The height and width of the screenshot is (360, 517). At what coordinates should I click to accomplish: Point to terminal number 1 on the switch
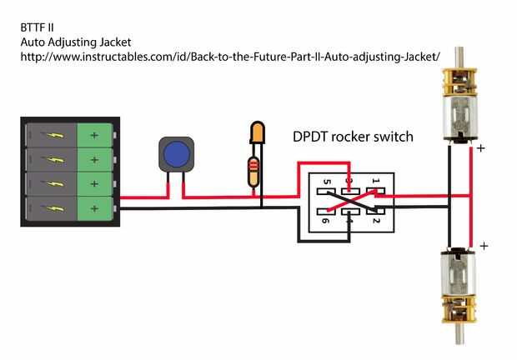(375, 180)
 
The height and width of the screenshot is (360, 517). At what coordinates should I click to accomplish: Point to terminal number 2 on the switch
(376, 221)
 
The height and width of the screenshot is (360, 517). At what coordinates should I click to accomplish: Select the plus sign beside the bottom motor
(484, 247)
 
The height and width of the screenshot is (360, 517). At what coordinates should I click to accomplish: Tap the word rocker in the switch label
(356, 137)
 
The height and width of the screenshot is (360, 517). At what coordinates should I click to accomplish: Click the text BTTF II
(37, 27)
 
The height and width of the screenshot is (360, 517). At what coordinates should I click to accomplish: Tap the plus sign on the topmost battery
(93, 135)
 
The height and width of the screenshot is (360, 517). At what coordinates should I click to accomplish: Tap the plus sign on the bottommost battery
(93, 207)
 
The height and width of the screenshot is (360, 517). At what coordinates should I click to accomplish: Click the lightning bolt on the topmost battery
(54, 135)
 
